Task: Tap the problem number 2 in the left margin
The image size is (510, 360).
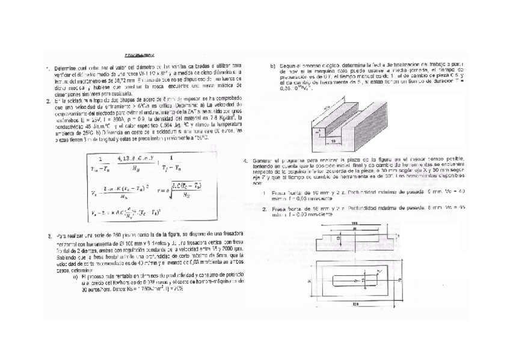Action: coord(48,100)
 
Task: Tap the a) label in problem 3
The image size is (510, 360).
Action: coord(75,277)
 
